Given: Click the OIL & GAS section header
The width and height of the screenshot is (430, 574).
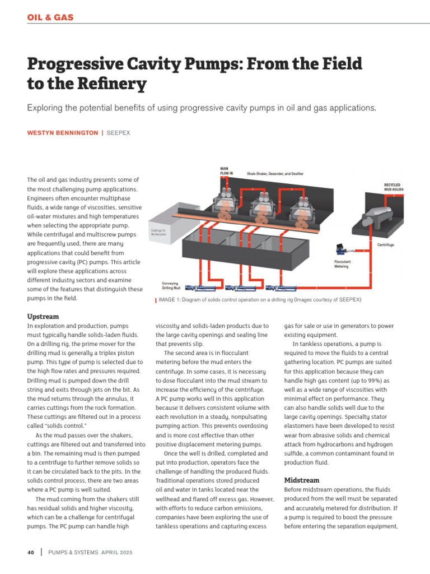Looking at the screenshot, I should click(50, 17).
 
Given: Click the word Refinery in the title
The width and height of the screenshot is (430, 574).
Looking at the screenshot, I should click(114, 84).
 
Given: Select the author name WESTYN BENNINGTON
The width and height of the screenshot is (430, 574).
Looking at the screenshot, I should click(62, 132).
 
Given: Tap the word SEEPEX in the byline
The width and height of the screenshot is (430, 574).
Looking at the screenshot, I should click(118, 132).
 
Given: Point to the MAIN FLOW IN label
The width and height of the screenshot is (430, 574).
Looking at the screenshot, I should click(227, 172).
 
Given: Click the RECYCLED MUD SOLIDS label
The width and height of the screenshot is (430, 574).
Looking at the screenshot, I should click(393, 187).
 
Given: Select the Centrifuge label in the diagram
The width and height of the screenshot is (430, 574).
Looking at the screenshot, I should click(385, 244).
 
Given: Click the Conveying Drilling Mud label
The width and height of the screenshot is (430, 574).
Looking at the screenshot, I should click(171, 285).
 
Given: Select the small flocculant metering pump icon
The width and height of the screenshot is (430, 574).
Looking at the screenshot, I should click(340, 250).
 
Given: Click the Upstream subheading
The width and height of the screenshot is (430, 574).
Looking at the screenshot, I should click(43, 317).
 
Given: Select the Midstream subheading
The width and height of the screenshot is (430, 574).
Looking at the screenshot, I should click(301, 480).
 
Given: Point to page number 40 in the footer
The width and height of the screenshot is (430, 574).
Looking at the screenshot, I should click(31, 553).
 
